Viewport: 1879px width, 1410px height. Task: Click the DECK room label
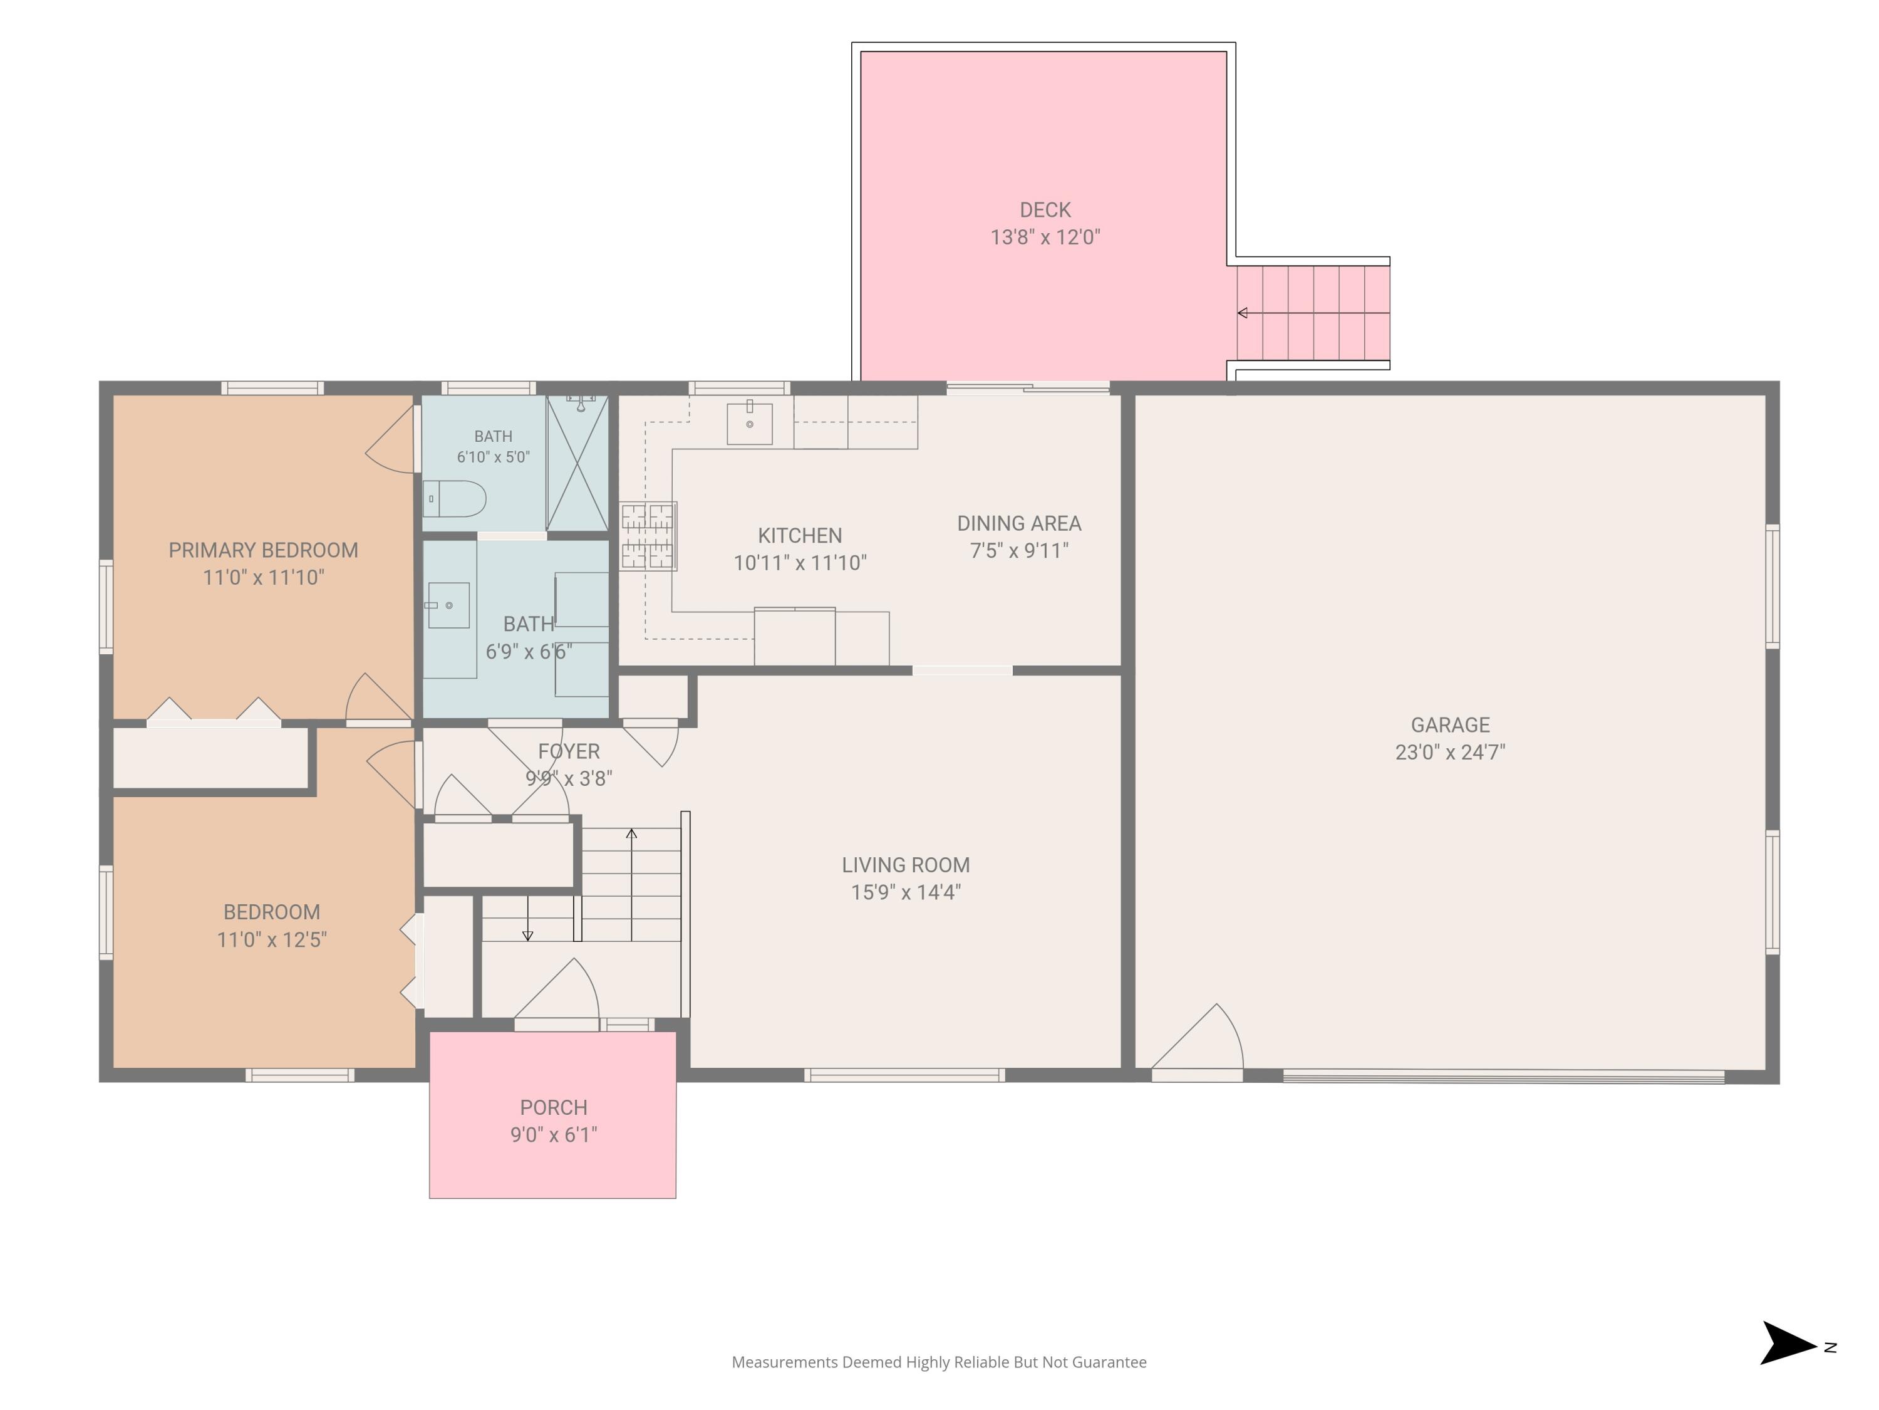pos(1045,210)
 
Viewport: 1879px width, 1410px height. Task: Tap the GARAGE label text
pos(1450,725)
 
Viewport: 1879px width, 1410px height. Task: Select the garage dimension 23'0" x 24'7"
pos(1450,752)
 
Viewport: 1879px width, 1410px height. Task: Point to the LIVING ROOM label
pos(906,865)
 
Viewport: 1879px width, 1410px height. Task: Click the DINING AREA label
pos(1019,523)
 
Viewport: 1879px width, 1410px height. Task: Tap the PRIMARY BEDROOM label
pos(263,550)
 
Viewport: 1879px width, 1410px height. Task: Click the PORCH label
pos(554,1107)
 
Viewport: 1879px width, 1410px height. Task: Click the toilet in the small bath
pos(455,499)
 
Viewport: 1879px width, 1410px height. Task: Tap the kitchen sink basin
pos(749,423)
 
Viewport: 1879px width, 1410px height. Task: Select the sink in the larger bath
pos(448,605)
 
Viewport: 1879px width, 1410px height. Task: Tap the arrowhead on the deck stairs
pos(1242,313)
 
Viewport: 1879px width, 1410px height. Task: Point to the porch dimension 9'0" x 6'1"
pos(554,1135)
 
